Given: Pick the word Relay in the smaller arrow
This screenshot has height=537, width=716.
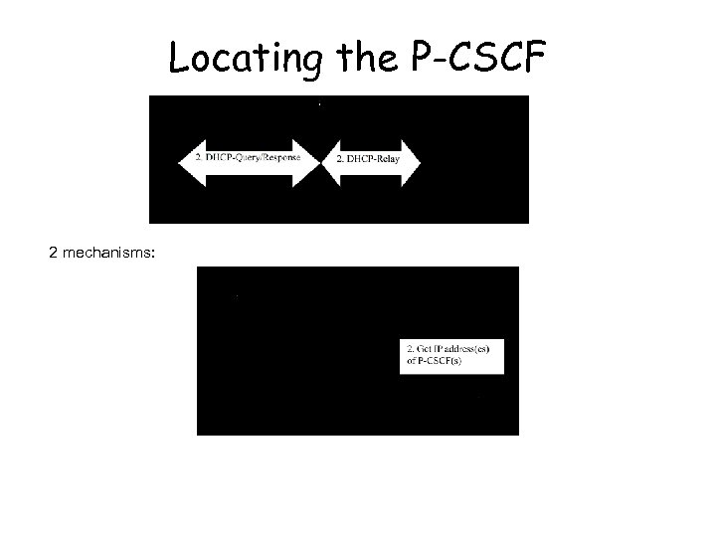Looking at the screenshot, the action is (386, 159).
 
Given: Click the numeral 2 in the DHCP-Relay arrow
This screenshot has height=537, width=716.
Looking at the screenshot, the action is (340, 159).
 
